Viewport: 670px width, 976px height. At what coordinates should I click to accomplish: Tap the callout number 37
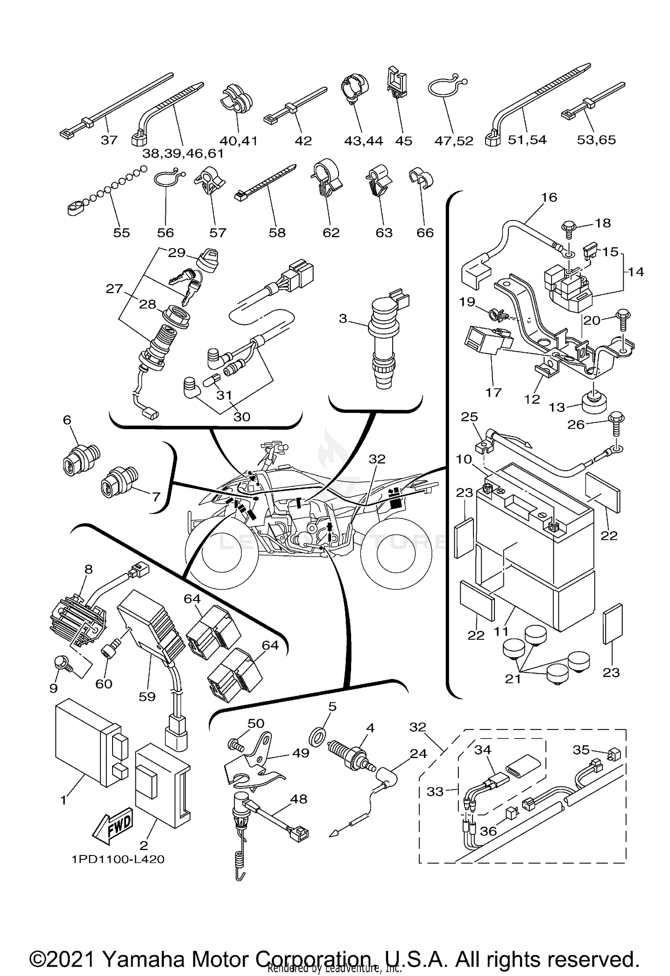pos(109,140)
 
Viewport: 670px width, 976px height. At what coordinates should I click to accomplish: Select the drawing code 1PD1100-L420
pos(117,859)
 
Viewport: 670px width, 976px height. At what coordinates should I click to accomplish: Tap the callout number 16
pos(549,197)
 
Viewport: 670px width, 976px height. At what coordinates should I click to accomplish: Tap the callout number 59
pos(147,696)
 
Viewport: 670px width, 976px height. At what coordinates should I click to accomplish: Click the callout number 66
pos(425,232)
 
